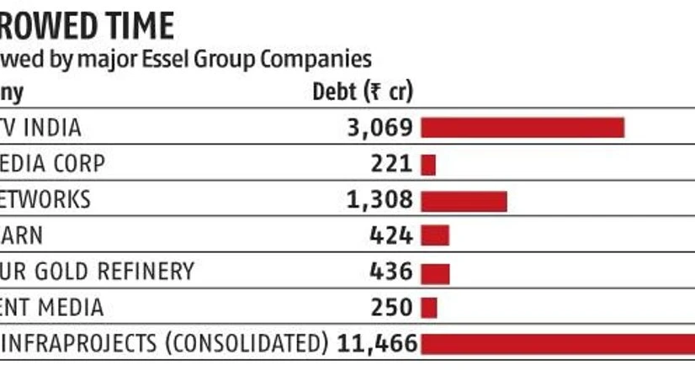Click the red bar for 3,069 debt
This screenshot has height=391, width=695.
click(x=522, y=128)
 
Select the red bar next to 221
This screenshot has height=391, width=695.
click(x=428, y=164)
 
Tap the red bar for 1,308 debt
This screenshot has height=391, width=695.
click(x=464, y=200)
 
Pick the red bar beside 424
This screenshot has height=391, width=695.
click(x=435, y=235)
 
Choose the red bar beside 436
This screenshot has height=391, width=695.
click(x=435, y=272)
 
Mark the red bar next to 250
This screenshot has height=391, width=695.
click(x=429, y=308)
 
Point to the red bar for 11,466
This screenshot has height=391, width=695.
click(x=557, y=344)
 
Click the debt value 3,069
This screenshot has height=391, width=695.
click(x=380, y=128)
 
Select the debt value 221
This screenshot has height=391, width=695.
click(x=392, y=164)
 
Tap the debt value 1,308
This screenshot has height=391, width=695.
click(x=380, y=200)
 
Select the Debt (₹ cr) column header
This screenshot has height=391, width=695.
click(x=363, y=92)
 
